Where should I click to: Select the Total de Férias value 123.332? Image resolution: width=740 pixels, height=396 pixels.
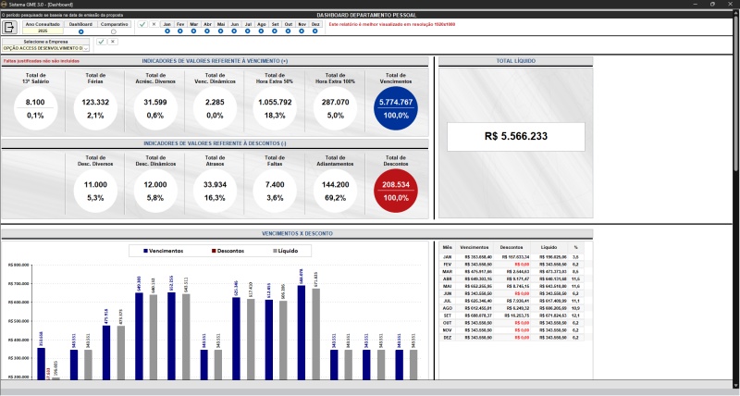(95, 102)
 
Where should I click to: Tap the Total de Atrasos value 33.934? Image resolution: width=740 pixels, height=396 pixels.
(215, 185)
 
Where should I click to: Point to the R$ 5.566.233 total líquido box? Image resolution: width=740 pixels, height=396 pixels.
(515, 136)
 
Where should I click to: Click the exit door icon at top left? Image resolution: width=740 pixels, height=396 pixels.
(9, 27)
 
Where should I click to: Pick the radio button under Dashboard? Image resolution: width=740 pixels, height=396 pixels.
(80, 31)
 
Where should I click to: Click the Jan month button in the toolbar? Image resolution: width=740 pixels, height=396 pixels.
(166, 24)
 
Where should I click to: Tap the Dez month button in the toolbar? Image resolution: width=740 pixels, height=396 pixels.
(315, 24)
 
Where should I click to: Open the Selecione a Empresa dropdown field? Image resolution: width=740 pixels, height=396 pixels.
(45, 47)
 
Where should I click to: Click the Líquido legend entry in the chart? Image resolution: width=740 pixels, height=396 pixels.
(292, 251)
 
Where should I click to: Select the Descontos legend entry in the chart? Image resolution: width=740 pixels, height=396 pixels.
(239, 251)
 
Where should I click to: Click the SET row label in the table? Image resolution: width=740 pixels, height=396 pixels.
(448, 315)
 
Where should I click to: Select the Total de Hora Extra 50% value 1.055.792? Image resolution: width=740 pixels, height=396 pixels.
(275, 102)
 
